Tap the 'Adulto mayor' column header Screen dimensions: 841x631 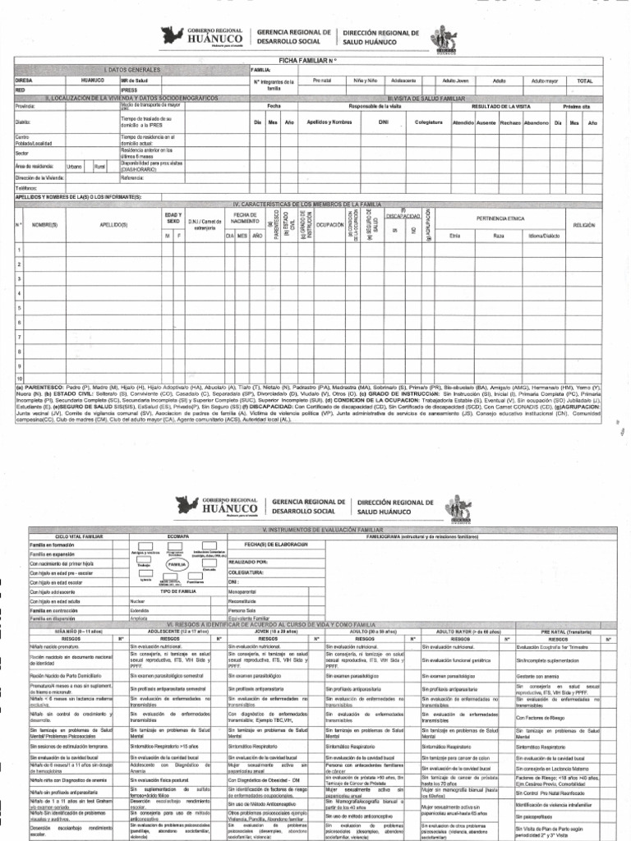[x=544, y=80]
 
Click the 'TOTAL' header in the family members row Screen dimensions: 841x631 [x=585, y=80]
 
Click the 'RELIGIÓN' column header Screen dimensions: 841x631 [x=583, y=224]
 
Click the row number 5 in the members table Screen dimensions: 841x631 [x=18, y=307]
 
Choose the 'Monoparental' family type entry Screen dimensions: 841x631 [x=245, y=591]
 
